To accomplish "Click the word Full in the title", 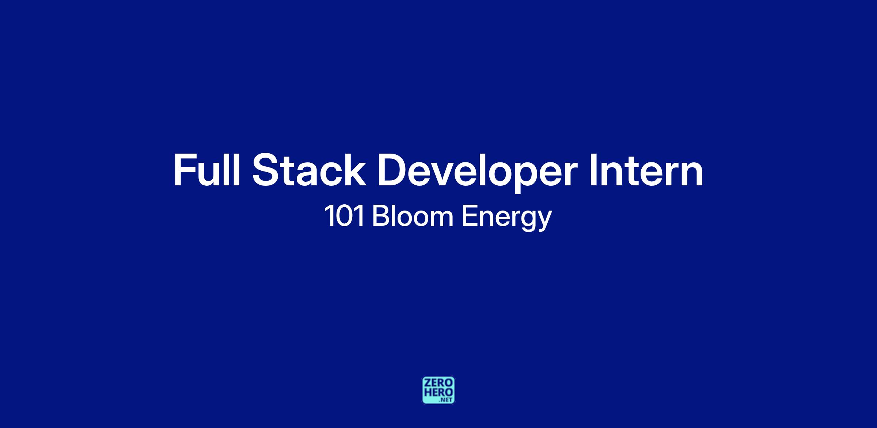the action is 206,170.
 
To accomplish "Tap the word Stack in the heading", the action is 309,170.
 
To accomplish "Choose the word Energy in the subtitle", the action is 506,218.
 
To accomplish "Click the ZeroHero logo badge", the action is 438,390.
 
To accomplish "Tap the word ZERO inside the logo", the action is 438,383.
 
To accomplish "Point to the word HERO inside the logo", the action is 438,392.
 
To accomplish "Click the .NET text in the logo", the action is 446,400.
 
